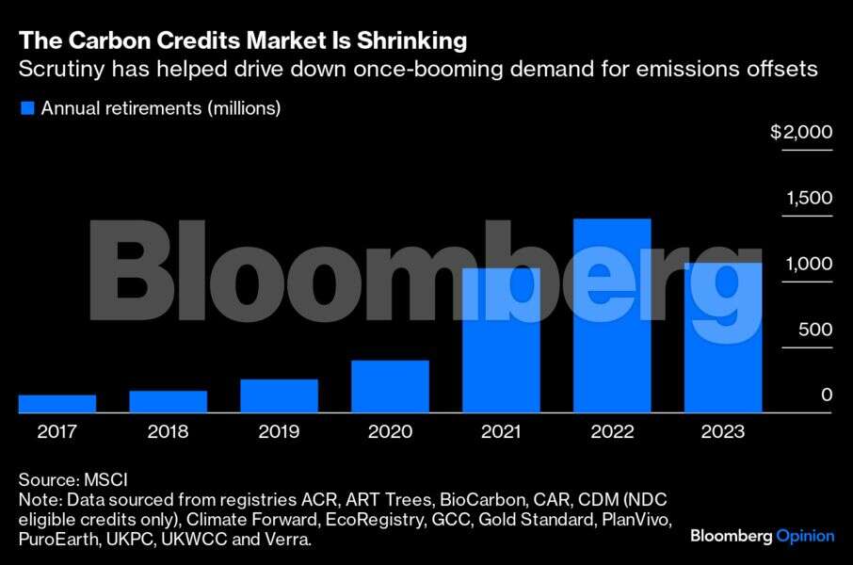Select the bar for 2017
click(x=56, y=403)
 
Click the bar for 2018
click(x=168, y=401)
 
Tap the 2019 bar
click(x=279, y=395)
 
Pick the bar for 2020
click(x=390, y=386)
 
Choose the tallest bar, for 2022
click(x=612, y=315)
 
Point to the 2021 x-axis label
click(x=501, y=432)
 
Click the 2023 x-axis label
click(x=723, y=432)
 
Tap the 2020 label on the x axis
click(x=390, y=432)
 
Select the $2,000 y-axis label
click(x=801, y=133)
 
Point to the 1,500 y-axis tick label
click(x=808, y=199)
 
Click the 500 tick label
click(x=816, y=330)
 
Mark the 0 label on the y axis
click(x=827, y=395)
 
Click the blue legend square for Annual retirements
click(x=26, y=108)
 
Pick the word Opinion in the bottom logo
click(x=805, y=536)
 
